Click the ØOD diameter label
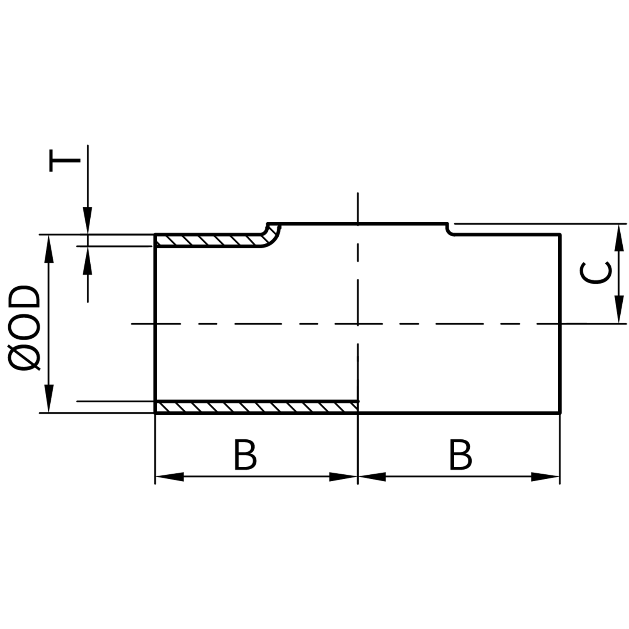point(26,328)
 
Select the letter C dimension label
point(596,273)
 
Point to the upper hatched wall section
point(208,241)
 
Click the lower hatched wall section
point(256,407)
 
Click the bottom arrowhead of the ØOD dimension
point(49,399)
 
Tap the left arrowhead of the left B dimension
point(169,477)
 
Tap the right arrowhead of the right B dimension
point(545,477)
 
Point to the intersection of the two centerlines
point(358,323)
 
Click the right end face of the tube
point(560,324)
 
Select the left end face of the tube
point(155,324)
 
